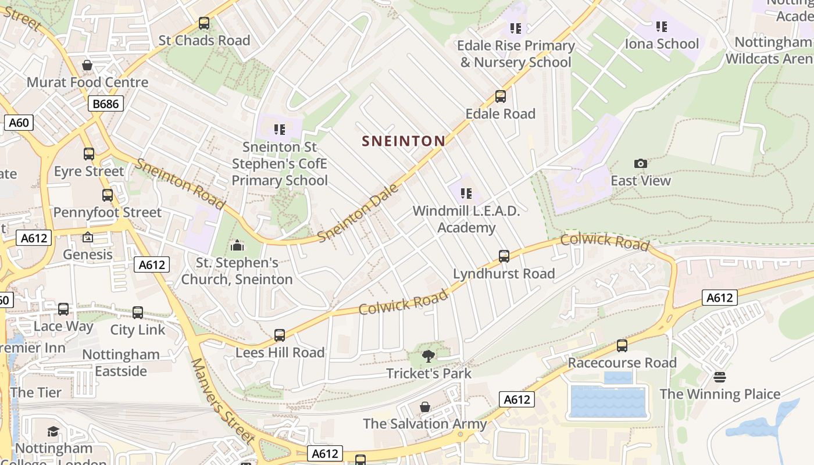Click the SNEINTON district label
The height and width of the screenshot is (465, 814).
(x=404, y=141)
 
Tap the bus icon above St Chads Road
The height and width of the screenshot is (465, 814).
(x=204, y=23)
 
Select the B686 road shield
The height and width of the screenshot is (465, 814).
(x=105, y=104)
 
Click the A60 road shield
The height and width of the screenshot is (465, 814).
(x=19, y=123)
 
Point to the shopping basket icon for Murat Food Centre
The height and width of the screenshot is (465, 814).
(x=87, y=65)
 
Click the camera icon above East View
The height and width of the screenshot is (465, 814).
(x=641, y=164)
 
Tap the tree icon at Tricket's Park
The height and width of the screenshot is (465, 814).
(x=429, y=356)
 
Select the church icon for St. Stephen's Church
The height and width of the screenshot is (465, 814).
(x=237, y=246)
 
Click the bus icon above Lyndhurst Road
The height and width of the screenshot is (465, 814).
(x=504, y=256)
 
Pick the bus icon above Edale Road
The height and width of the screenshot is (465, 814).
(x=501, y=96)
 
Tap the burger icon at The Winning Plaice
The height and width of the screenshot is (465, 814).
(x=720, y=377)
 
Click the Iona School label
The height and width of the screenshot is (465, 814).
(x=662, y=44)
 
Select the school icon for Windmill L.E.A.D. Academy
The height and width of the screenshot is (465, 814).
(x=466, y=194)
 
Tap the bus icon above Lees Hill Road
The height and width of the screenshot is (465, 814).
(x=280, y=335)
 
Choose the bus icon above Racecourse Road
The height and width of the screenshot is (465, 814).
(x=622, y=346)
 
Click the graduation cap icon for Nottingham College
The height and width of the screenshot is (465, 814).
(x=53, y=431)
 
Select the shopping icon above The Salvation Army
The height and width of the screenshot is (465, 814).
(x=425, y=406)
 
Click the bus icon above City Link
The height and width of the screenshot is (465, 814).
(x=138, y=313)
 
